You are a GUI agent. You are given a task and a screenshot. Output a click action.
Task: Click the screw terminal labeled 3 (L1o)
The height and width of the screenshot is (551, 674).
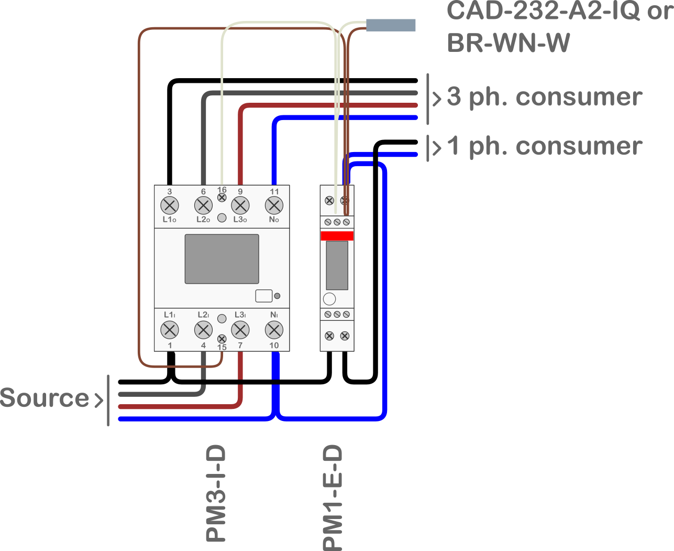[x=169, y=205]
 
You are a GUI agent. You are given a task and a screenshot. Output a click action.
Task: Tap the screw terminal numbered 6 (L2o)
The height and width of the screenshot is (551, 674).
[x=203, y=205]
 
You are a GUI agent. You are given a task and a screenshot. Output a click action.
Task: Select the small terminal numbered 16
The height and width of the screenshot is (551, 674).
[x=222, y=198]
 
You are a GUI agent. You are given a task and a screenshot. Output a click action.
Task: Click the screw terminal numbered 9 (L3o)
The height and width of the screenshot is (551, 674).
[x=240, y=205]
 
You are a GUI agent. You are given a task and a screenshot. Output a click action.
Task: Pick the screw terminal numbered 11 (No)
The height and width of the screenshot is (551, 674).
[x=274, y=205]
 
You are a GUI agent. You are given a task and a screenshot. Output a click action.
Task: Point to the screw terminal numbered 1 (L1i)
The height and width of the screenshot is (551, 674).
[x=169, y=330]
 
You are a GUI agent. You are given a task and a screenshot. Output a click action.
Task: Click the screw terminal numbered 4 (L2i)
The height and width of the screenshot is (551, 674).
[x=203, y=330]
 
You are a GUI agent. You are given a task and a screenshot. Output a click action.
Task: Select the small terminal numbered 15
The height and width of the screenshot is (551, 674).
[x=222, y=339]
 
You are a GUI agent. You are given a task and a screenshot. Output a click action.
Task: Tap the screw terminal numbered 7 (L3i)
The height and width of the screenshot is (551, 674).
[x=240, y=330]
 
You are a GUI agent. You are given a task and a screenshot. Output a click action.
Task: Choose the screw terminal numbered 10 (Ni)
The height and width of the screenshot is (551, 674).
[x=274, y=330]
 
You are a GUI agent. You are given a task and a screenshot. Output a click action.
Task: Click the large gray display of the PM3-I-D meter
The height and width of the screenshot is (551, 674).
[x=222, y=259]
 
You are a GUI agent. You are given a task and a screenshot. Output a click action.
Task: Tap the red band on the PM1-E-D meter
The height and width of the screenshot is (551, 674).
[x=337, y=236]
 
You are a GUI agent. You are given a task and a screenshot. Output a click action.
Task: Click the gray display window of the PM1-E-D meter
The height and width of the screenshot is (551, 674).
[x=337, y=265]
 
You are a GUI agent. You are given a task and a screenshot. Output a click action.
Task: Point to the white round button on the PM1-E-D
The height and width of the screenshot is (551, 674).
[x=329, y=299]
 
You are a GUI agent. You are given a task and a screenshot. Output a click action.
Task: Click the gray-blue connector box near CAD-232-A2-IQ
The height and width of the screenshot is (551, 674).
[x=391, y=25]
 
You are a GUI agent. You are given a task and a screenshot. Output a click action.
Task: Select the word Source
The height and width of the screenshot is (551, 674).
[x=45, y=398]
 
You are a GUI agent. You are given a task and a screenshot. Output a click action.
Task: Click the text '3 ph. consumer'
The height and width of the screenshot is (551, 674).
[x=545, y=97]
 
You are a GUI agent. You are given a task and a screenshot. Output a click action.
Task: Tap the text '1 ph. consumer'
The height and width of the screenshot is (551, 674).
[x=545, y=146]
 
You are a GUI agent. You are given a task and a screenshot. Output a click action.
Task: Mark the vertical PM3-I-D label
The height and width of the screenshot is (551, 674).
[x=216, y=493]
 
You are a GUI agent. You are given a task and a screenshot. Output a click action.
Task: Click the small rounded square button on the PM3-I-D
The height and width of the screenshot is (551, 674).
[x=263, y=296]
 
